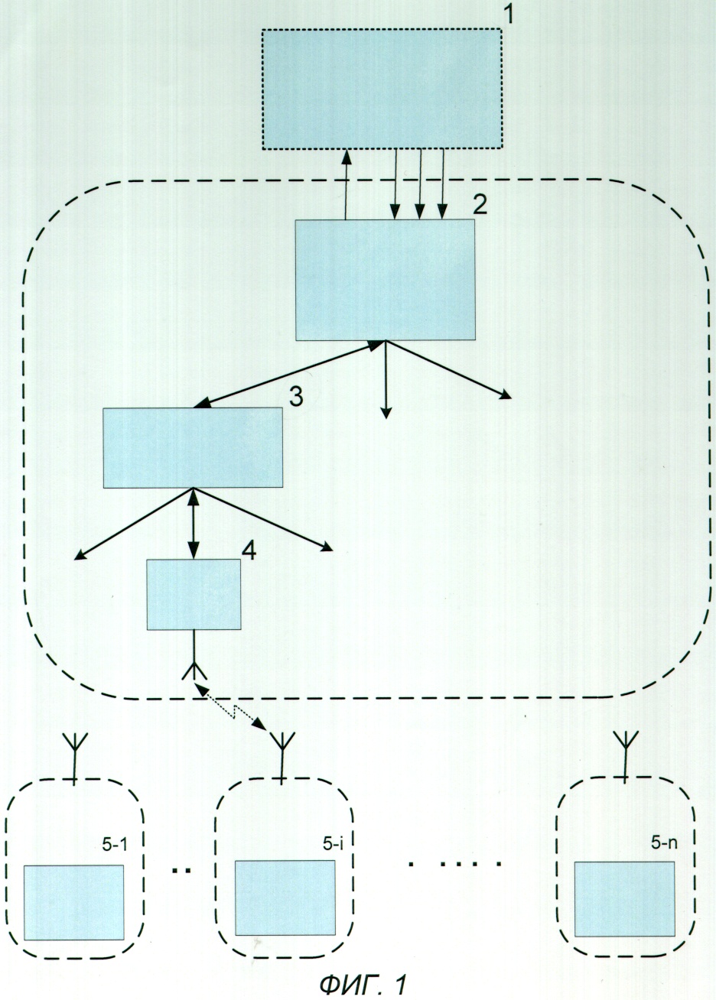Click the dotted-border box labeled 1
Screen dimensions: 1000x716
pyautogui.click(x=382, y=89)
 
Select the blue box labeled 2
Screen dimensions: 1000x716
pyautogui.click(x=385, y=280)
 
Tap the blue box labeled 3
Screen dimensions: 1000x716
pyautogui.click(x=193, y=447)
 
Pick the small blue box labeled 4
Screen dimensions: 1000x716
pyautogui.click(x=194, y=595)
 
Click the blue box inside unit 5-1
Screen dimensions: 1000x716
pyautogui.click(x=73, y=902)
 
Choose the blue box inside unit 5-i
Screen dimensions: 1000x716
pyautogui.click(x=285, y=898)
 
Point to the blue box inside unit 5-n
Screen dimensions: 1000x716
pyautogui.click(x=624, y=898)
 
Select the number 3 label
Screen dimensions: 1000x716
pyautogui.click(x=295, y=395)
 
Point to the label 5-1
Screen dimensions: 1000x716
pyautogui.click(x=114, y=843)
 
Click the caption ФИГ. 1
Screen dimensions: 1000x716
pyautogui.click(x=361, y=983)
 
